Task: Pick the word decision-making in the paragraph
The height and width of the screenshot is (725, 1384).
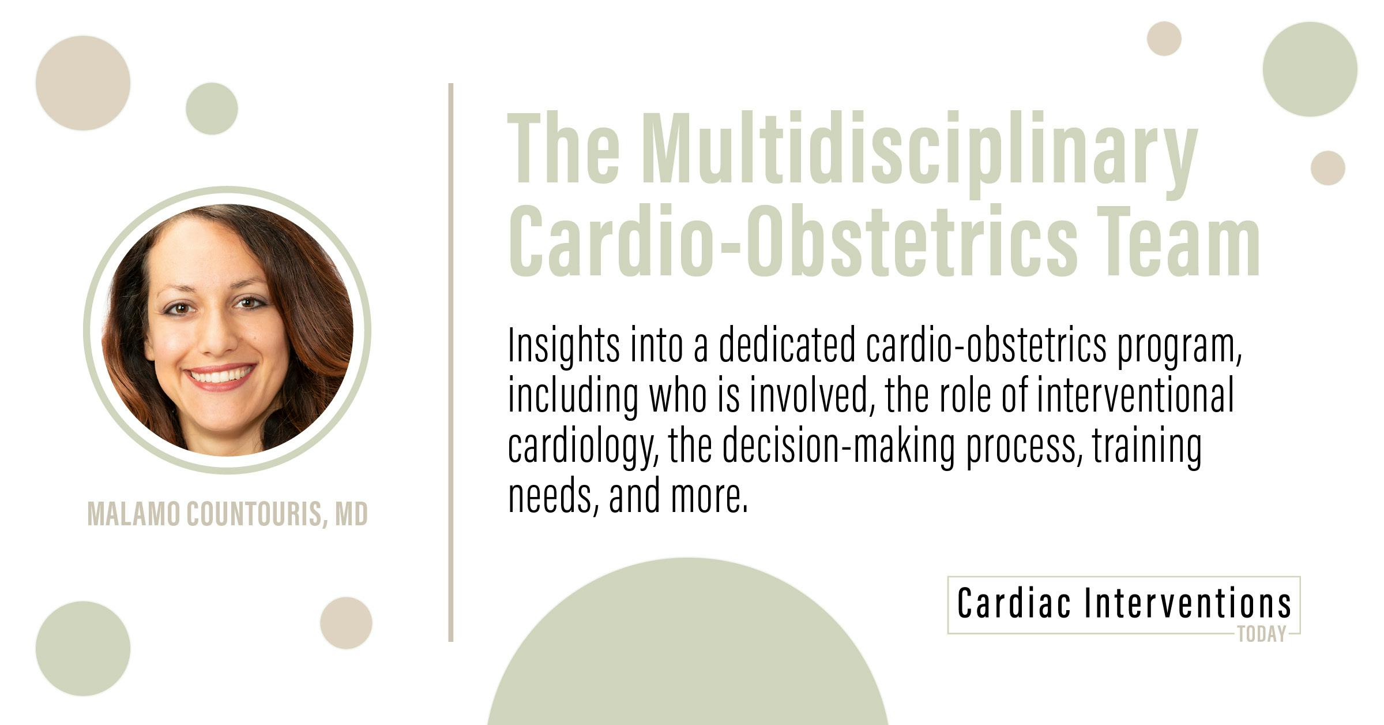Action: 838,446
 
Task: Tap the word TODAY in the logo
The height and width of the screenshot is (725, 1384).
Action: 1262,635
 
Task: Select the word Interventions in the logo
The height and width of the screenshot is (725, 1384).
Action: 1188,603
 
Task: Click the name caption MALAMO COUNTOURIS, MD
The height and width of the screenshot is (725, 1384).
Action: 227,514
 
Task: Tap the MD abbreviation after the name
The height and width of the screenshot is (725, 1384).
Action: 351,514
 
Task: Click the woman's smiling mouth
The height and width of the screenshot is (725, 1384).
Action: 220,376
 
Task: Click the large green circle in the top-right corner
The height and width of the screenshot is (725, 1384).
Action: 1310,69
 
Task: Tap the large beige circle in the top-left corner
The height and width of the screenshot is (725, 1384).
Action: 83,83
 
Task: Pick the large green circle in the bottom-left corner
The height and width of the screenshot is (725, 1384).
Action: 83,648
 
